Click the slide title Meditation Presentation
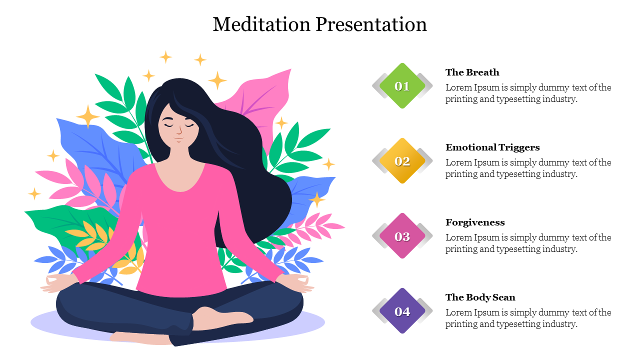(x=319, y=24)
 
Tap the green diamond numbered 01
(x=402, y=86)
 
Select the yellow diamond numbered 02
(x=402, y=161)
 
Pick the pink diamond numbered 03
(x=402, y=236)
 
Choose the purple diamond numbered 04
(x=402, y=311)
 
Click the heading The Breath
(x=472, y=72)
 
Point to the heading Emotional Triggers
(x=492, y=147)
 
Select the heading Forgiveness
(x=475, y=222)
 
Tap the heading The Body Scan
(x=480, y=297)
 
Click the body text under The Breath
(x=528, y=93)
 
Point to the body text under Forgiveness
(x=528, y=243)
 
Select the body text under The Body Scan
(x=528, y=318)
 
